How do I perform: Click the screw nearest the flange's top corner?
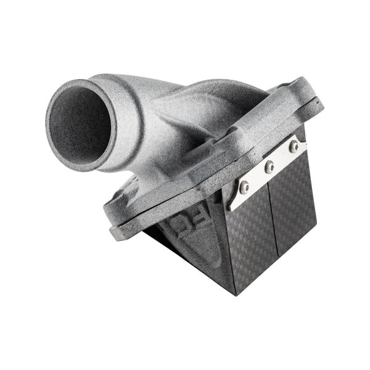pos(294,146)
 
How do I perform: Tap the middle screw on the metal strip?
pos(269,166)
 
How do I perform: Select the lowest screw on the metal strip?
pos(245,186)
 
